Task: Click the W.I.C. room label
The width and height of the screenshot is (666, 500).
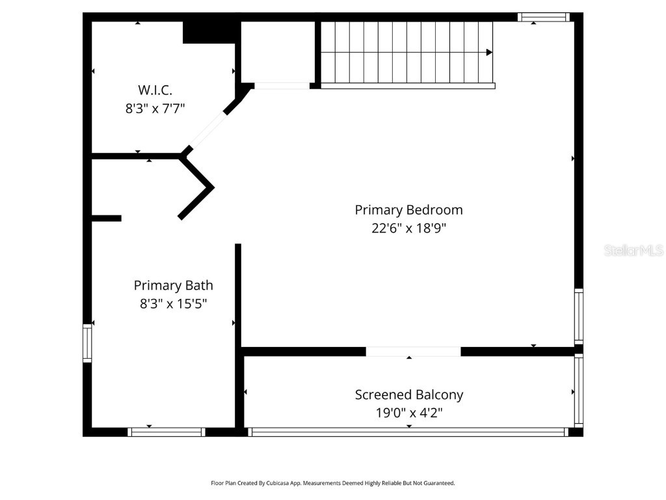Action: (155, 90)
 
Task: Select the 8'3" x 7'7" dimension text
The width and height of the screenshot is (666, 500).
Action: (155, 108)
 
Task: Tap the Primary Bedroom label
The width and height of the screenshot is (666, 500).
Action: (408, 210)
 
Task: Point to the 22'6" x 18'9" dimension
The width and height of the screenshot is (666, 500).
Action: (408, 228)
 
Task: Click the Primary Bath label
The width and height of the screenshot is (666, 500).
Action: (173, 285)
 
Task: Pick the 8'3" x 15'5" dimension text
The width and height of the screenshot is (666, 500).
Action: (173, 303)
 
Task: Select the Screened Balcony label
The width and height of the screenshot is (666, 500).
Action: (408, 395)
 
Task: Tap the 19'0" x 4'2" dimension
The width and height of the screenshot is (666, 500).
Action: (408, 412)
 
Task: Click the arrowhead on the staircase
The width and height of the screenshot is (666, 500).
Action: (489, 52)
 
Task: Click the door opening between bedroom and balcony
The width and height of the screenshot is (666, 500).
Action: (413, 352)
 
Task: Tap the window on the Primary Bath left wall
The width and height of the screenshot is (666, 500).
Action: (87, 343)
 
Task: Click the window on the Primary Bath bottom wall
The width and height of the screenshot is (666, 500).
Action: (166, 432)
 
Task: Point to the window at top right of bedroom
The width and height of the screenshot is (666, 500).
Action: (543, 17)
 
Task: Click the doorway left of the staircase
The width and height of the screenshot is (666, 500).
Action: (282, 85)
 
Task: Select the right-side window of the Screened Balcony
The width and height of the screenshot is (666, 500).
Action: (578, 391)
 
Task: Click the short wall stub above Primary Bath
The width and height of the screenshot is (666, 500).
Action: (106, 218)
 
